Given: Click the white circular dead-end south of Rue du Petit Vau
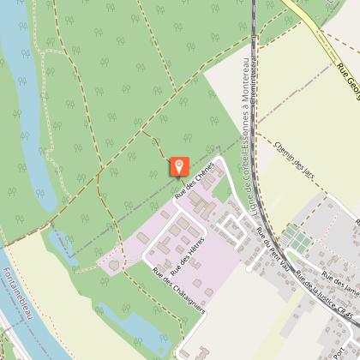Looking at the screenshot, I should coord(249,268).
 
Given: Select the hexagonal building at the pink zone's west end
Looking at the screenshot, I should coord(113,266).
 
